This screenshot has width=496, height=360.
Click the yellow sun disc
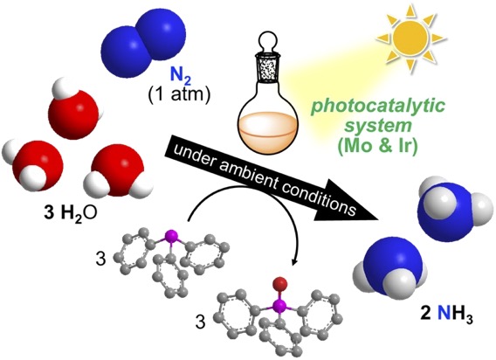(x=410, y=38)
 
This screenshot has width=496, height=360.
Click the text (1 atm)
(x=179, y=94)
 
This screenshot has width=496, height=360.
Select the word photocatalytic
(x=378, y=107)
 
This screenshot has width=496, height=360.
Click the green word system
(x=378, y=126)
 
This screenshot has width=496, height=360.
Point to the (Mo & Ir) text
(x=378, y=146)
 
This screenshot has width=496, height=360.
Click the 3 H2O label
(x=71, y=214)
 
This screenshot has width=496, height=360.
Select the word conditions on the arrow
(x=318, y=198)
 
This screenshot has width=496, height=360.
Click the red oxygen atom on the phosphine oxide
(x=280, y=282)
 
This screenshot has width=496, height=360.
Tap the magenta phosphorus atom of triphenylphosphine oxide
(x=279, y=306)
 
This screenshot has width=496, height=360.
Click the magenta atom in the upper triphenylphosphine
(x=171, y=236)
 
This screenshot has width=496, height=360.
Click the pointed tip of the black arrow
(x=378, y=219)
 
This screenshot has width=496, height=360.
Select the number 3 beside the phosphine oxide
(x=200, y=323)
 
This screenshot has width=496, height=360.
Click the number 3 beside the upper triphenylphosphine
(x=101, y=260)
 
